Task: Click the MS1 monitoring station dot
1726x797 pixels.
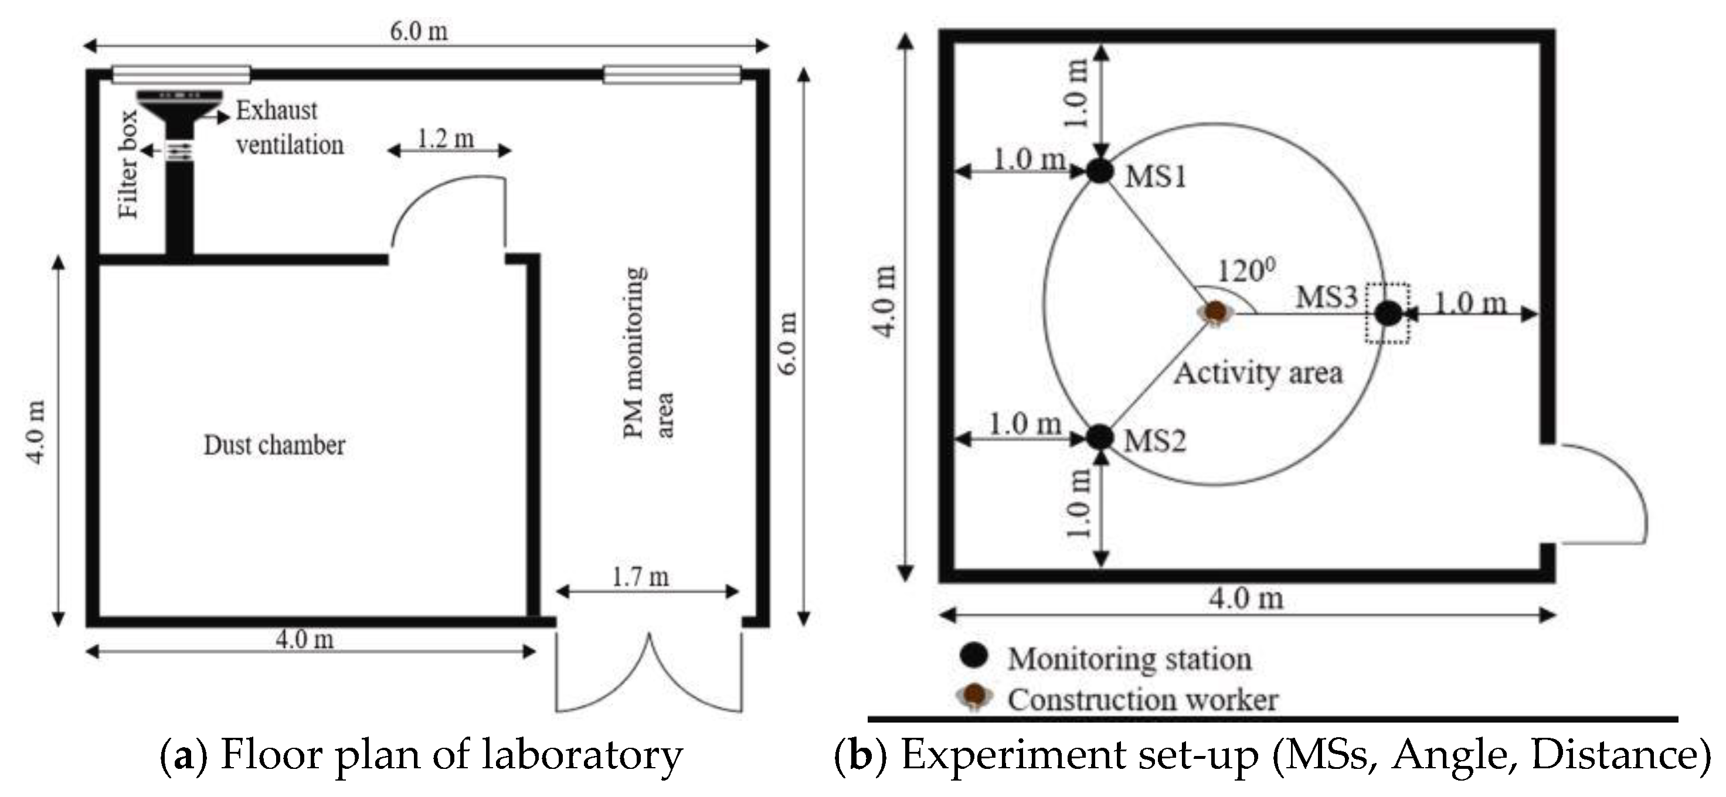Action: click(1099, 172)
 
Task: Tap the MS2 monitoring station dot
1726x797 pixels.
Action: click(1099, 437)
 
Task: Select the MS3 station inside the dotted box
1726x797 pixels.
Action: click(1388, 313)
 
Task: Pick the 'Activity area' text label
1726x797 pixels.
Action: click(1258, 373)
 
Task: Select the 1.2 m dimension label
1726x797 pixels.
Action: click(446, 139)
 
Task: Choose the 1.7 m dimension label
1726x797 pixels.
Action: click(640, 577)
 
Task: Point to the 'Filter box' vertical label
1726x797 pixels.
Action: click(128, 164)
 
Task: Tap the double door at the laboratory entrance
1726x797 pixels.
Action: click(648, 673)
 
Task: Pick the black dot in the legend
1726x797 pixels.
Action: click(974, 656)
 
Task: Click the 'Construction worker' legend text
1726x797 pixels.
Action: click(1143, 700)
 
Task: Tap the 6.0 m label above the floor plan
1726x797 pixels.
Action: click(419, 31)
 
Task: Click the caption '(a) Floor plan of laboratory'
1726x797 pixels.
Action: click(421, 754)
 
